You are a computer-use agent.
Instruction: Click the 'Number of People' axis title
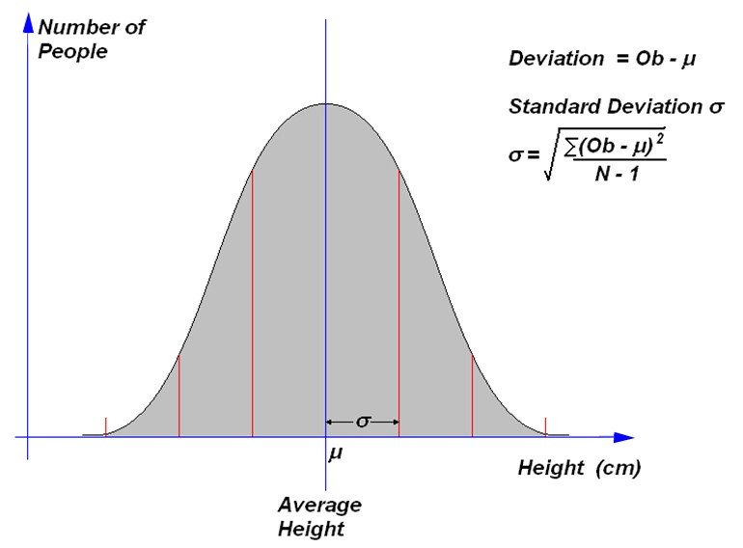[x=92, y=39]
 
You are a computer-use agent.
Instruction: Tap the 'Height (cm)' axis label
[x=579, y=469]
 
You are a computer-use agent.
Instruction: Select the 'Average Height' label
[x=319, y=516]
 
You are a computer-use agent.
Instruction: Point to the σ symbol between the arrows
[x=363, y=422]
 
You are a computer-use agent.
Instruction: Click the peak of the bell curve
[x=326, y=103]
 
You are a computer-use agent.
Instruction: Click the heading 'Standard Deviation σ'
[x=616, y=107]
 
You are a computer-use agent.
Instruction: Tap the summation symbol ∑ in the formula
[x=571, y=146]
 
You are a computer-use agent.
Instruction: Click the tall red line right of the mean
[x=399, y=299]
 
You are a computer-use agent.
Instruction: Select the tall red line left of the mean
[x=252, y=299]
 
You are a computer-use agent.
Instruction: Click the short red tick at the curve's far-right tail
[x=545, y=425]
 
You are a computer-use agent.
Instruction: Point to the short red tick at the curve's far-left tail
[x=105, y=425]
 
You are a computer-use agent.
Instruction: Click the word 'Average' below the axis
[x=319, y=505]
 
